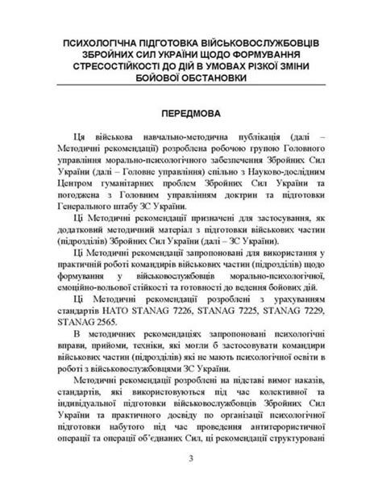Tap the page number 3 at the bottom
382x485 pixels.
(x=191, y=460)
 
